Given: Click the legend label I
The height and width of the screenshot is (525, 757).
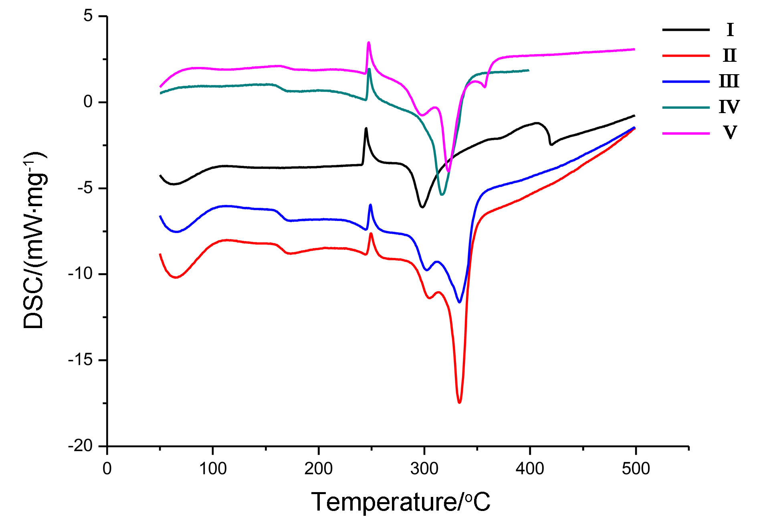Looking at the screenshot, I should [730, 30].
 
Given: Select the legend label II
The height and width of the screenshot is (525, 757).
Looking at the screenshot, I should [730, 55].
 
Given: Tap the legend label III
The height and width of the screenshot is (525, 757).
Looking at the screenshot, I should [729, 81].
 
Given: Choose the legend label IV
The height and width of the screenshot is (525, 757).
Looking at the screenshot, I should [729, 107].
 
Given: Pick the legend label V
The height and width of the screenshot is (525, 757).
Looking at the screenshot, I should [730, 132].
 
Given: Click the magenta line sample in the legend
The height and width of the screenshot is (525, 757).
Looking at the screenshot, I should [686, 133].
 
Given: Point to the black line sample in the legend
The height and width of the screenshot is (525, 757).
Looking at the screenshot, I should [686, 30].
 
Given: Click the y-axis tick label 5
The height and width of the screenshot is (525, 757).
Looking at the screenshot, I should [88, 16].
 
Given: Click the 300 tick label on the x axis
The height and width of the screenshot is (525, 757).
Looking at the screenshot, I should [424, 468].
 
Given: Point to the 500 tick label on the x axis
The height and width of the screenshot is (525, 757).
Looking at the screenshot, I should [636, 468].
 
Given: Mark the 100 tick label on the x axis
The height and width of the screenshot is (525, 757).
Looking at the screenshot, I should [213, 468].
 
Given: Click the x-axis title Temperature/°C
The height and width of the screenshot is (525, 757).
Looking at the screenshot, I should [401, 502].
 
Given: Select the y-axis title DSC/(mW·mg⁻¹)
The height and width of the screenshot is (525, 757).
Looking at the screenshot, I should [34, 241].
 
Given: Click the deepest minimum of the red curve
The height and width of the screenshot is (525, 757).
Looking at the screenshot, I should [459, 402].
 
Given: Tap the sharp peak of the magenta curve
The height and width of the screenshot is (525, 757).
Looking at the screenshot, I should [368, 43].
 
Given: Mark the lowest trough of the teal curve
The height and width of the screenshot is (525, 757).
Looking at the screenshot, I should [442, 195].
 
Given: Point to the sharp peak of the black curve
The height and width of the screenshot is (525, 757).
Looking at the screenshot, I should [366, 128].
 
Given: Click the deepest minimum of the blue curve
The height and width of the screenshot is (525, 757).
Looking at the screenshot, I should [460, 302].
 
